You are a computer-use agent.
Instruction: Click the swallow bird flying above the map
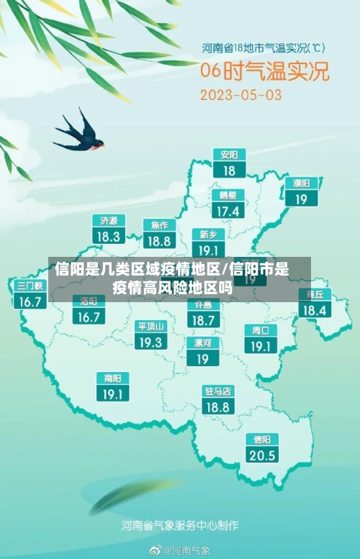pos(81,134)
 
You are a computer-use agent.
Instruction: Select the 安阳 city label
pos(229,155)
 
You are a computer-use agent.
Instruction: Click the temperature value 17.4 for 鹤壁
pos(228,211)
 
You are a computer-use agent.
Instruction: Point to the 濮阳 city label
pos(301,183)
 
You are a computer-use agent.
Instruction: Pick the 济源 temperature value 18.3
pos(109,236)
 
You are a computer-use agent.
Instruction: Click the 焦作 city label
pos(159,224)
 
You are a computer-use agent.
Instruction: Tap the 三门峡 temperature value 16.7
pos(30,301)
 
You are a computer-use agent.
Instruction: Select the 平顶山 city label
pos(151,326)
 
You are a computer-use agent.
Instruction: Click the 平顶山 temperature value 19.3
pos(151,342)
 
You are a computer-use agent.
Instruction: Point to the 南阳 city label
pos(112,378)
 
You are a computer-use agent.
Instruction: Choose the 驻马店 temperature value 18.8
pos(217,407)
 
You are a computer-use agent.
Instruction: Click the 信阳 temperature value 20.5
pos(261,455)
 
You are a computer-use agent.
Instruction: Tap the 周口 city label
pos(260,330)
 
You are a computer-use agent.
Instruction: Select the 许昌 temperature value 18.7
pos(204,320)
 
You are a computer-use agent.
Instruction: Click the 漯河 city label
pos(203,342)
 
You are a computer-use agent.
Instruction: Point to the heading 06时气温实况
pos(264,72)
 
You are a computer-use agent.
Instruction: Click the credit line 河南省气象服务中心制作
pos(179,524)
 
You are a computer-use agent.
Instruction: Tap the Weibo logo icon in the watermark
pos(155,550)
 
